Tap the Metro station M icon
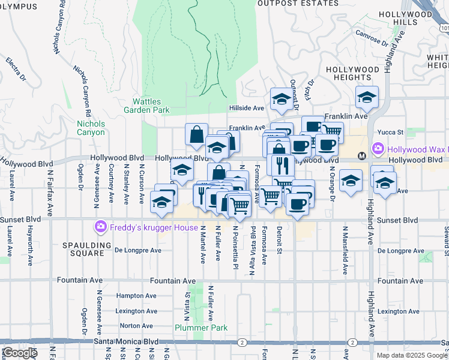click(362, 156)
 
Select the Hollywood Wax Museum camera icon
click(378, 148)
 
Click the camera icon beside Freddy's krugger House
click(100, 227)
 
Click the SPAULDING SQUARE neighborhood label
click(88, 249)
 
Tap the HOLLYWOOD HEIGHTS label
click(353, 73)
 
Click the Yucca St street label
click(388, 132)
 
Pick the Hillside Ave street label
click(247, 108)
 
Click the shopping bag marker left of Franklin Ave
click(197, 135)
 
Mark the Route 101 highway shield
click(444, 28)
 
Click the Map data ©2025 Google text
click(412, 355)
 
